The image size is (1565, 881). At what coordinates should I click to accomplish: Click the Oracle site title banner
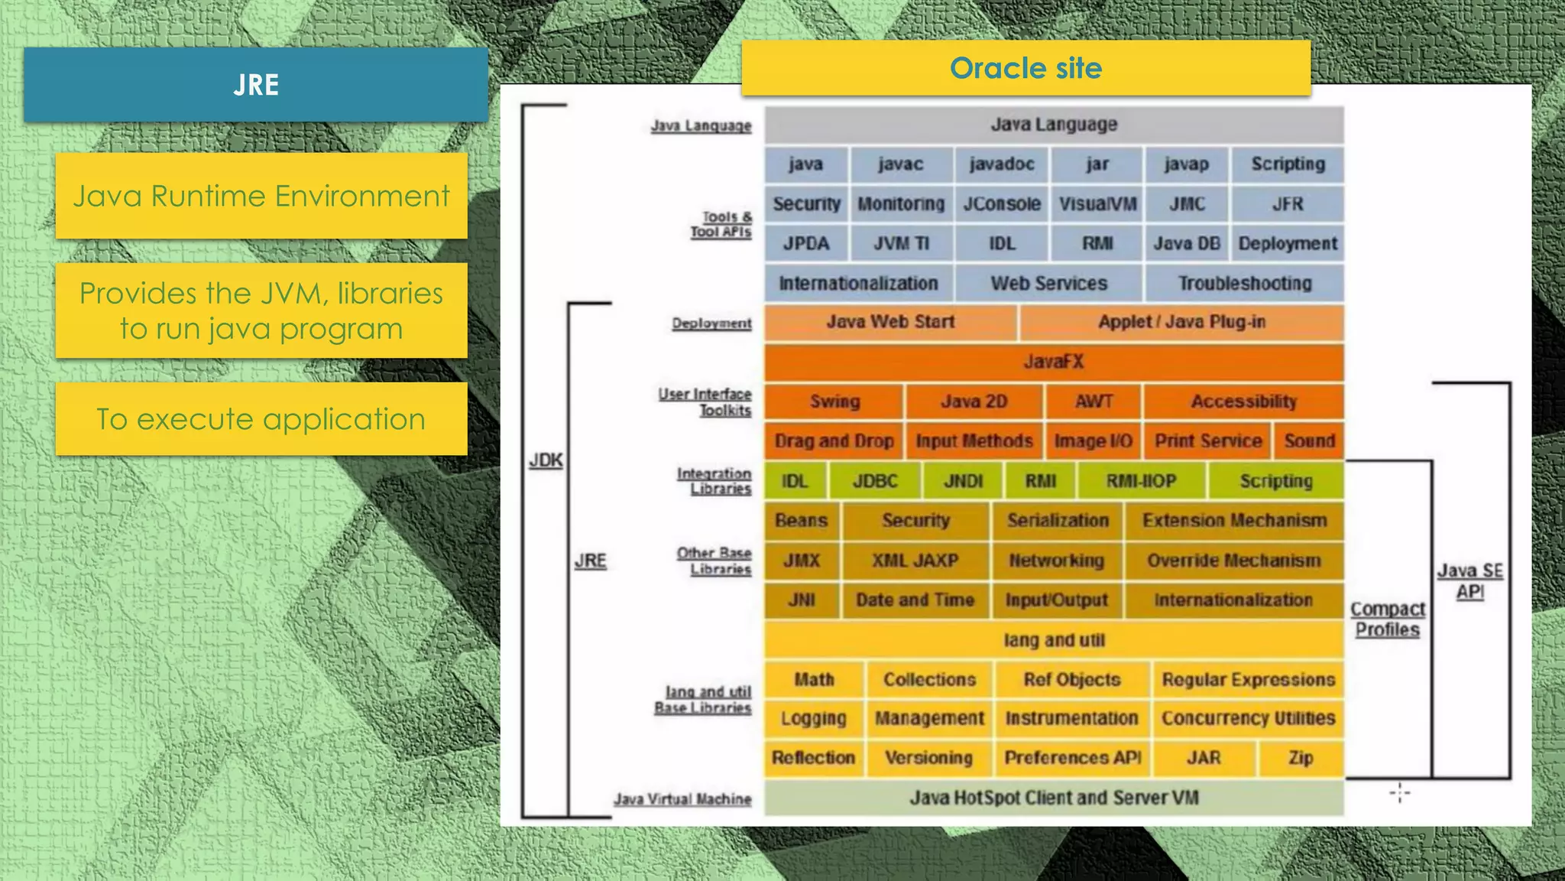pos(1026,68)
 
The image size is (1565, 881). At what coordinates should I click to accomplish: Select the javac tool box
pos(900,164)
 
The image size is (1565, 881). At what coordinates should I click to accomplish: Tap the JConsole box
pos(1001,204)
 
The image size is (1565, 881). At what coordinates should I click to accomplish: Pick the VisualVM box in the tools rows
pos(1097,204)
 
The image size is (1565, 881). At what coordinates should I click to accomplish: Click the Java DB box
pos(1186,244)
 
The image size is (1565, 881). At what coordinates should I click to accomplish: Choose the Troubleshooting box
pos(1244,284)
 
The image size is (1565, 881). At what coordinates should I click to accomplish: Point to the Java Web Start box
pos(890,322)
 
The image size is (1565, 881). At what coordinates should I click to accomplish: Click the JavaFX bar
pos(1054,362)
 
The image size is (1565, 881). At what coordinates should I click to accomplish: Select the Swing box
pos(834,401)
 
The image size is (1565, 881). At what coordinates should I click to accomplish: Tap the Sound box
pos(1309,441)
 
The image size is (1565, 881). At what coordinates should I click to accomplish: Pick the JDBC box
pos(875,481)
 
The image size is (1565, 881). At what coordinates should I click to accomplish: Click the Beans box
pos(801,521)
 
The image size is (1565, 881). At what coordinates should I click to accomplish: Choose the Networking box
pos(1056,561)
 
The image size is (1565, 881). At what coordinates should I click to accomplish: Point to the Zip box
pos(1301,758)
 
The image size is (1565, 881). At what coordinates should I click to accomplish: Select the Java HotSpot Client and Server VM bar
pos(1054,798)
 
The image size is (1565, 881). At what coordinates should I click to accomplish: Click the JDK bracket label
pos(546,460)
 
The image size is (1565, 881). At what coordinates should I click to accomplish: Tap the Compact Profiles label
pos(1388,619)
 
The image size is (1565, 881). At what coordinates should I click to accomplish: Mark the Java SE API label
pos(1469,581)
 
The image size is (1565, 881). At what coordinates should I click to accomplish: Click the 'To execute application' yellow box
pos(261,419)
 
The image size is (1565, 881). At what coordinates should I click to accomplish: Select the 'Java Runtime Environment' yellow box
pos(261,196)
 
